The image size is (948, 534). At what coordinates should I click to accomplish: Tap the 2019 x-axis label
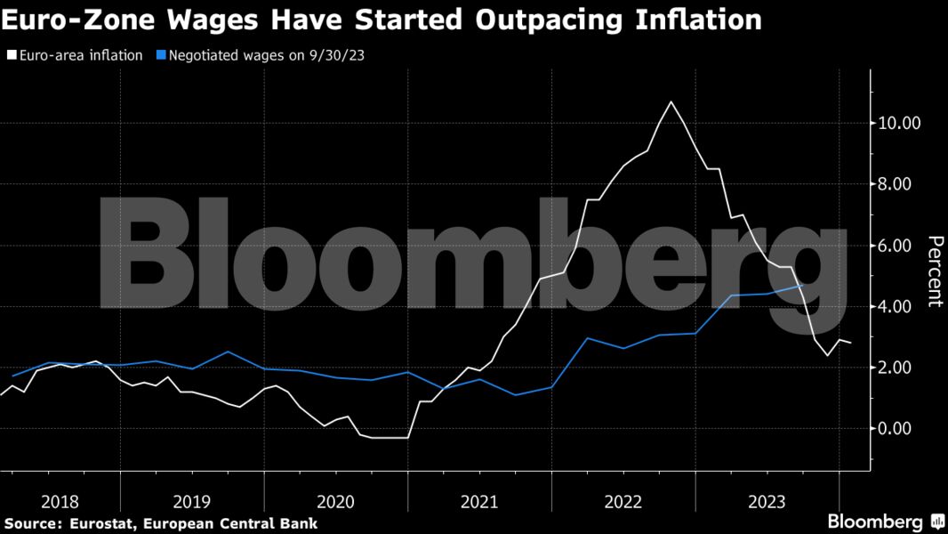192,501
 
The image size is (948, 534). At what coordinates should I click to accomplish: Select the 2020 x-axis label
336,501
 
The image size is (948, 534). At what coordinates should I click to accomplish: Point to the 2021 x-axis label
480,501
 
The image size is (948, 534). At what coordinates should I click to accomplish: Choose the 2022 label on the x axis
624,501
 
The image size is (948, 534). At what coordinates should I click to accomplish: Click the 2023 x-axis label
768,501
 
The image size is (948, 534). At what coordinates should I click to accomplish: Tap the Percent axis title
935,271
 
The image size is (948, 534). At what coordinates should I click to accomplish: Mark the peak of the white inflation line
671,101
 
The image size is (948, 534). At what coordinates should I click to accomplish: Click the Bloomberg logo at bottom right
875,522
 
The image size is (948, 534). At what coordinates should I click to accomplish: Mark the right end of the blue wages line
803,285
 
